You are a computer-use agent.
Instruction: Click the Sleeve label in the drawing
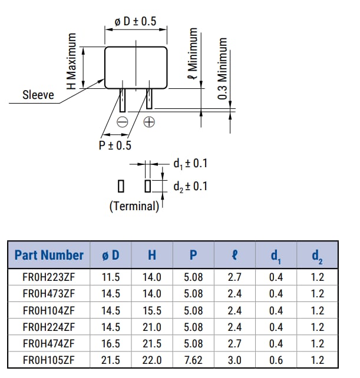point(38,94)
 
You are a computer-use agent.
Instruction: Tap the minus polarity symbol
point(123,122)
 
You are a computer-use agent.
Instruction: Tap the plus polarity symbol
point(150,122)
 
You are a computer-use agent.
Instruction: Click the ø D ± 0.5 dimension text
point(136,21)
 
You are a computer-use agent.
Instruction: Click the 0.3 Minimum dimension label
point(223,68)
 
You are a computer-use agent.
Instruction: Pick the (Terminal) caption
point(134,206)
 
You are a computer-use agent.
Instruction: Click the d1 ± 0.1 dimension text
point(190,164)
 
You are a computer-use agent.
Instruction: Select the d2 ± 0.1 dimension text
point(190,186)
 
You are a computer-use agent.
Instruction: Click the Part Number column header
point(49,255)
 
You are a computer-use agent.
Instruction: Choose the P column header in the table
point(193,255)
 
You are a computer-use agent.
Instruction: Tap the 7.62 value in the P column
point(193,359)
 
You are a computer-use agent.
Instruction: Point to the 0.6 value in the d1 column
point(276,359)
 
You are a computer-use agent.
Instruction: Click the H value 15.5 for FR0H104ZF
point(152,310)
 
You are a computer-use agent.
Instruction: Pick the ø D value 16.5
point(111,343)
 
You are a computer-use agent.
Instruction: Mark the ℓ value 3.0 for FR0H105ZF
point(235,359)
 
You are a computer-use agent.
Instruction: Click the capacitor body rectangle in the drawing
point(136,67)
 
